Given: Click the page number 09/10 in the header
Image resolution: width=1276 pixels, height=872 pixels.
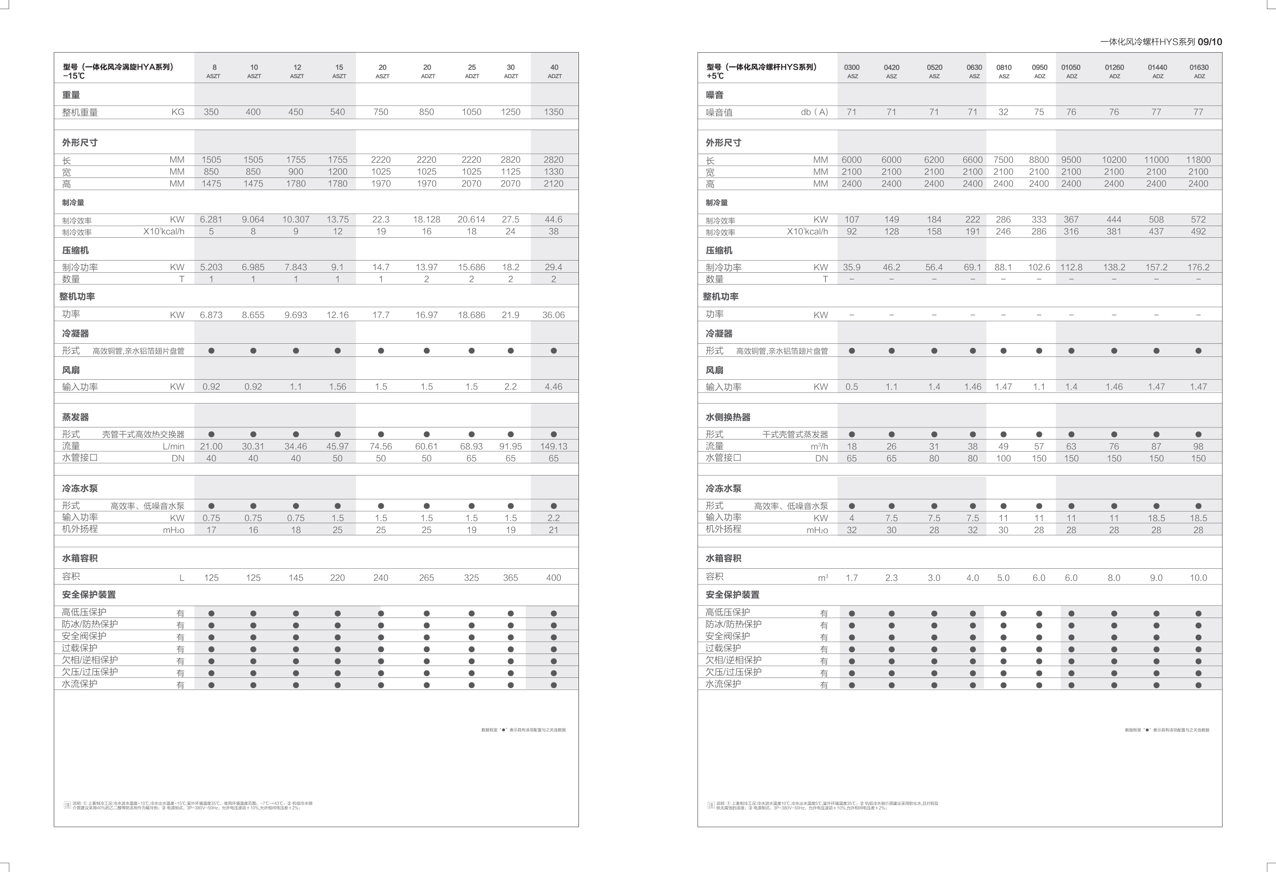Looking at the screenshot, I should [1210, 42].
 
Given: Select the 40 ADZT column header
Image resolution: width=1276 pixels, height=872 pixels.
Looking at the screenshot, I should [554, 71].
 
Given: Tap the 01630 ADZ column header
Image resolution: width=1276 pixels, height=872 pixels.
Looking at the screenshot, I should [1199, 71].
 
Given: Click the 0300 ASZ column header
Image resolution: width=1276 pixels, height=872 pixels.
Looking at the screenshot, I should [852, 71].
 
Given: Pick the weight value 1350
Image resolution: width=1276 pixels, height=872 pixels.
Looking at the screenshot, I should [554, 112].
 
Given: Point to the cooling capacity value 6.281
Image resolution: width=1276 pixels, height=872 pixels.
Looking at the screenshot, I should [211, 220].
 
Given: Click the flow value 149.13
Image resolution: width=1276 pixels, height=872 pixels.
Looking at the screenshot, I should [554, 447].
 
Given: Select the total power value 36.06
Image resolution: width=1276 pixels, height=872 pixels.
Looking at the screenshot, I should [554, 315].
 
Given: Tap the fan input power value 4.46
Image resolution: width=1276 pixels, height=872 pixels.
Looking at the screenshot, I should [554, 387].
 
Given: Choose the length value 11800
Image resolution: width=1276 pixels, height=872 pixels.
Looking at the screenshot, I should [1198, 160].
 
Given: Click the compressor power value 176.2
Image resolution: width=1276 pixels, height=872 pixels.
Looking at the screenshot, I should [1198, 267].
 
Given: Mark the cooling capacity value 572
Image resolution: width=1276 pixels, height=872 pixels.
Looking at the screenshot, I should [1198, 220].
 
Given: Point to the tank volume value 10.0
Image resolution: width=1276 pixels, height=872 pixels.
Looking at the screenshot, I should [1198, 577].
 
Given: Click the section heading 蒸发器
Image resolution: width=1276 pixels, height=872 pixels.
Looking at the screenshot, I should [75, 417].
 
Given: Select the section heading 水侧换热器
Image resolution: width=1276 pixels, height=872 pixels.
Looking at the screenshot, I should [727, 417].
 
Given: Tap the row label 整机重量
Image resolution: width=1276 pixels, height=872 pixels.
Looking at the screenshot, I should [80, 113].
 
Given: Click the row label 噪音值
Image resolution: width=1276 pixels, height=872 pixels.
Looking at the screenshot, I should [719, 113].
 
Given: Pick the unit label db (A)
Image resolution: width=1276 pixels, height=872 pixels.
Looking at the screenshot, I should [814, 112].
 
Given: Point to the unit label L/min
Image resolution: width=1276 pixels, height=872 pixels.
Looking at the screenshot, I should [173, 447].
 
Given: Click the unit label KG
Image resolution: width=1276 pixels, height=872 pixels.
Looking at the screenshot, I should [178, 112].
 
